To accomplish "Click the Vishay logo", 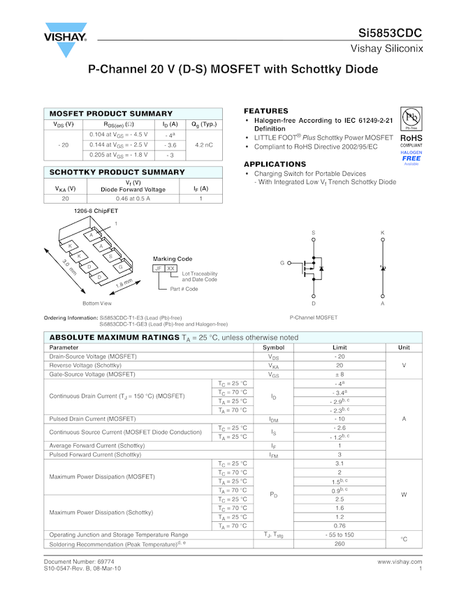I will pyautogui.click(x=66, y=41).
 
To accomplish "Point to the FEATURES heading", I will pyautogui.click(x=265, y=111).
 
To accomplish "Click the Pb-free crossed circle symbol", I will pyautogui.click(x=411, y=117).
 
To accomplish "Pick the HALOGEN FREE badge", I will pyautogui.click(x=411, y=158).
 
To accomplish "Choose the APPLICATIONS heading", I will pyautogui.click(x=275, y=164).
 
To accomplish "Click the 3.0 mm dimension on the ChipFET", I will pyautogui.click(x=69, y=267).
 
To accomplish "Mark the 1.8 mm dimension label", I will pyautogui.click(x=124, y=285).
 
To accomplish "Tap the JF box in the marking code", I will pyautogui.click(x=159, y=268).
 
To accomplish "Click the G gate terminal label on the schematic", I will pyautogui.click(x=282, y=263).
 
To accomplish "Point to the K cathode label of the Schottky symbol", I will pyautogui.click(x=382, y=232).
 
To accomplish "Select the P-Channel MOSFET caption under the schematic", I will pyautogui.click(x=314, y=317).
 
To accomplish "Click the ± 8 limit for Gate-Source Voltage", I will pyautogui.click(x=340, y=375).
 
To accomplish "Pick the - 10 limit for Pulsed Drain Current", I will pyautogui.click(x=340, y=419).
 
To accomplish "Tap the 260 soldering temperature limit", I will pyautogui.click(x=340, y=543).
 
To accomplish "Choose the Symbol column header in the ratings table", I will pyautogui.click(x=273, y=347).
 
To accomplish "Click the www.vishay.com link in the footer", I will pyautogui.click(x=400, y=561).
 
